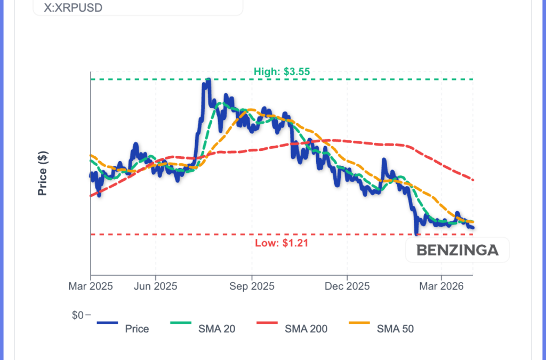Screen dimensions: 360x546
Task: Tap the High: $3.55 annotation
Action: tap(282, 71)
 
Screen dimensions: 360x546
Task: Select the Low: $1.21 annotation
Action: tap(282, 243)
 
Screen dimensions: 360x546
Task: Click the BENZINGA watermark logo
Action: tap(457, 250)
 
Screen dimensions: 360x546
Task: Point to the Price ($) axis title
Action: tap(43, 173)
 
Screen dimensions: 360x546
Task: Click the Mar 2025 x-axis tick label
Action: tap(91, 286)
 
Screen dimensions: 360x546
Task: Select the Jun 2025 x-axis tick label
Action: tap(156, 286)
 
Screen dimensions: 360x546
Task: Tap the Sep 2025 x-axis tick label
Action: tap(252, 286)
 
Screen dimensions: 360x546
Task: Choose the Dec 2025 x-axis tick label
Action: tap(347, 286)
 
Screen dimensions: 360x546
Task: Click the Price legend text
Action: tap(137, 329)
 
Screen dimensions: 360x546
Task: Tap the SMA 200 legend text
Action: tap(306, 329)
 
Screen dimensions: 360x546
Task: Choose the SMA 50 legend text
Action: tap(395, 329)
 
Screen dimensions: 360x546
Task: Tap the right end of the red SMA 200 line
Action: tap(473, 179)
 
